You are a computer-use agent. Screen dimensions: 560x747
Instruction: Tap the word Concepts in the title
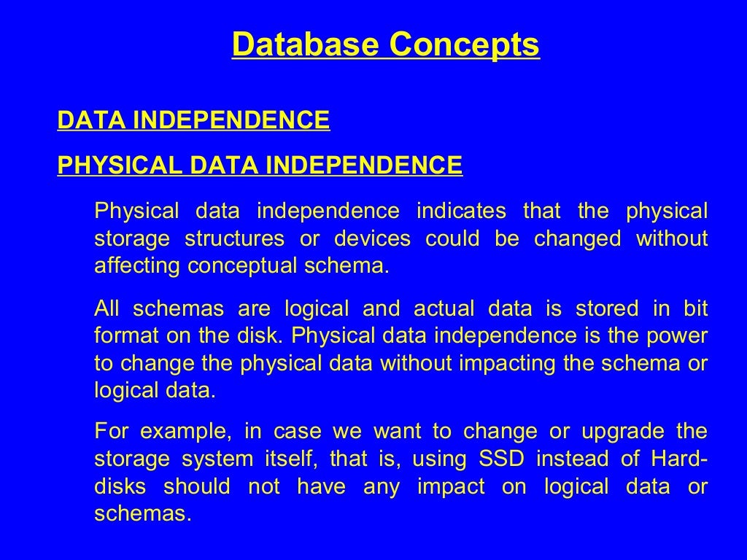pos(465,44)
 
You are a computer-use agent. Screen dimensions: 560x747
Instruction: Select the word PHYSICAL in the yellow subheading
pos(120,166)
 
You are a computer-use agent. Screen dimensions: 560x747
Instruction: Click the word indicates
pos(461,211)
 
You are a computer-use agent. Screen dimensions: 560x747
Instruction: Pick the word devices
pos(372,238)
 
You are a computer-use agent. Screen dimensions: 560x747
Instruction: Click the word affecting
pos(138,265)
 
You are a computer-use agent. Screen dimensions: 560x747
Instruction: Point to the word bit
pos(695,308)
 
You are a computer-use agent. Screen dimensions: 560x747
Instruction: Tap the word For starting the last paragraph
pos(110,432)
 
